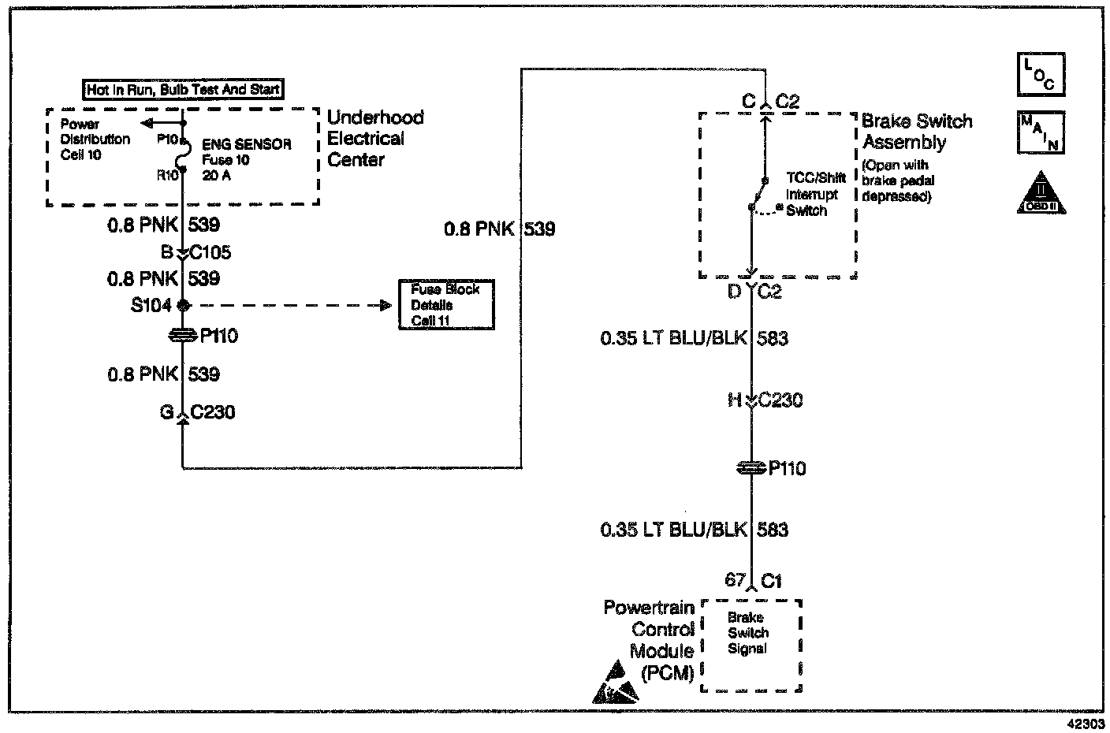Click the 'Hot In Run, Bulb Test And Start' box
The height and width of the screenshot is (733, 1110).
[x=183, y=90]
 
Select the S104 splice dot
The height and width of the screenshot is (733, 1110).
[x=183, y=306]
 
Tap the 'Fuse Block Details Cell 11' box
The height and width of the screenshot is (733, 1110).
[x=446, y=305]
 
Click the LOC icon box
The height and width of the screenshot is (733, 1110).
[x=1041, y=74]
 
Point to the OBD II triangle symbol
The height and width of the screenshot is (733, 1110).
[x=1041, y=193]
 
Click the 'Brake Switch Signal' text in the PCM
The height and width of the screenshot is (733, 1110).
[x=747, y=633]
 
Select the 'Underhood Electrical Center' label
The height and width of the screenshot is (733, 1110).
[x=375, y=139]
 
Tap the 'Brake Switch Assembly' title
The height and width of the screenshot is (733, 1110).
[x=916, y=132]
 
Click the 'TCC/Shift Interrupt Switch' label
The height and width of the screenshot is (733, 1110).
[x=815, y=195]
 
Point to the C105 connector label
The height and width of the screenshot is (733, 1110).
[x=209, y=253]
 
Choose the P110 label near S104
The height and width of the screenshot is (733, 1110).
[x=218, y=337]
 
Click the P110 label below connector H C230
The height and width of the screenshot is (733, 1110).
[x=787, y=469]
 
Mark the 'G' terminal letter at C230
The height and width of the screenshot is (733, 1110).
[x=166, y=411]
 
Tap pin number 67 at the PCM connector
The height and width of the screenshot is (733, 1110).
[x=735, y=580]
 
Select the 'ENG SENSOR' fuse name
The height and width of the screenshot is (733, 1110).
[x=247, y=145]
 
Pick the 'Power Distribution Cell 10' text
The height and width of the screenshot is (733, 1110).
[x=95, y=140]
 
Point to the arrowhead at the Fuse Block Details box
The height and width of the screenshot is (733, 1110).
[x=386, y=306]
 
